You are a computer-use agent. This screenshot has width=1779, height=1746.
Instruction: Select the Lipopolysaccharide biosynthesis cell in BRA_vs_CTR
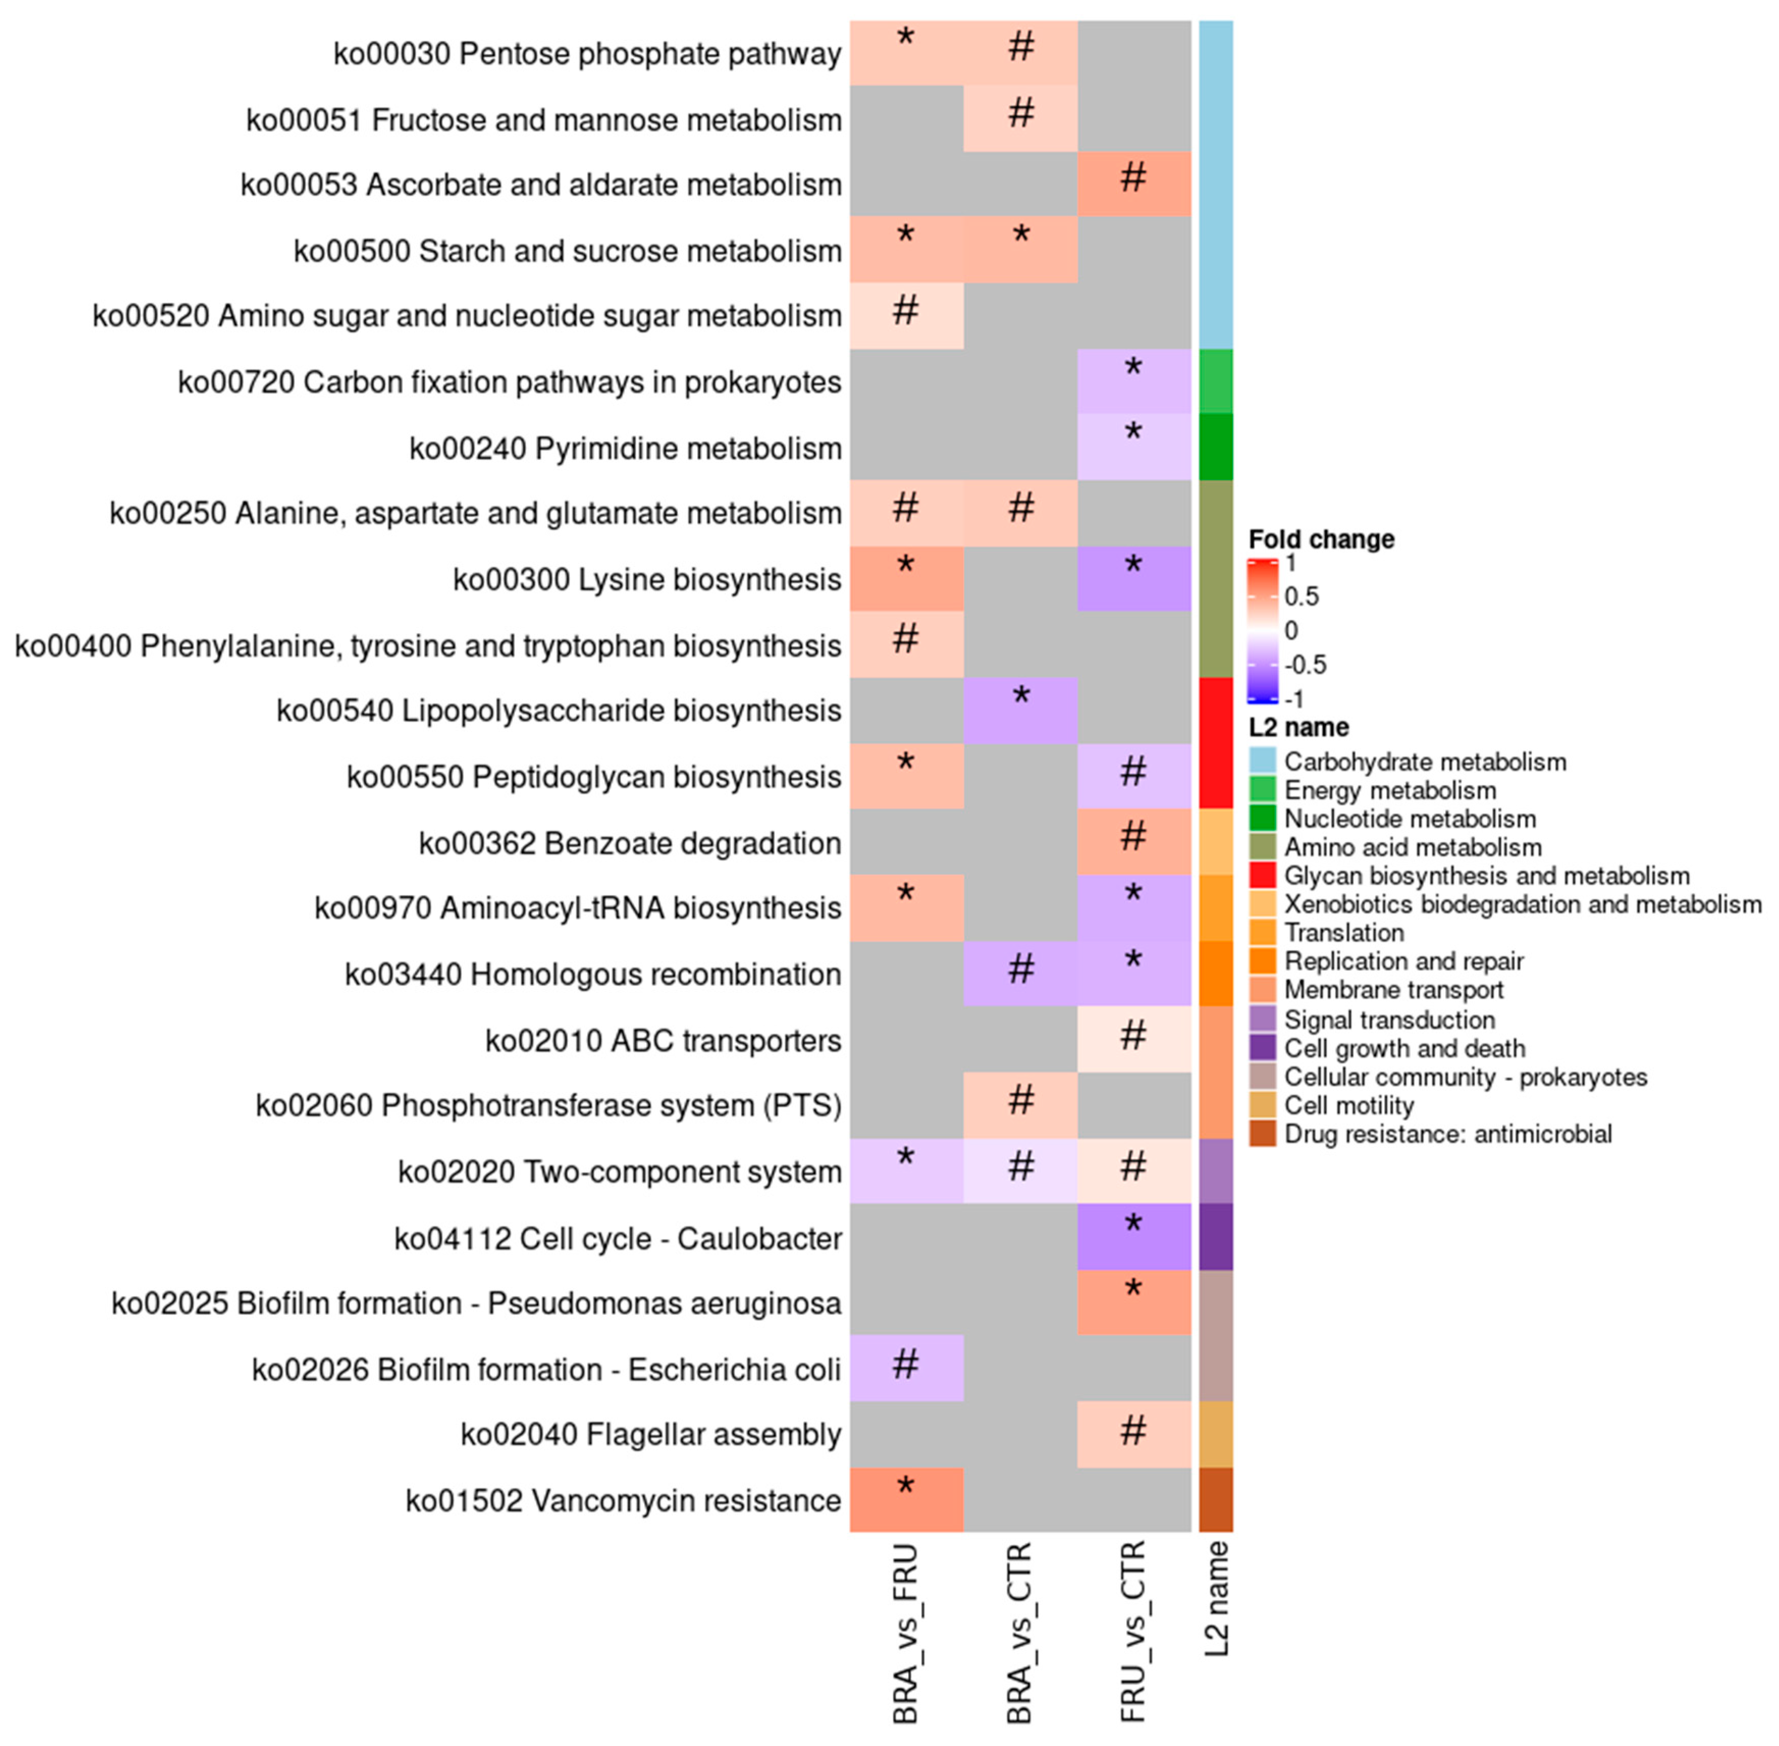pos(1020,711)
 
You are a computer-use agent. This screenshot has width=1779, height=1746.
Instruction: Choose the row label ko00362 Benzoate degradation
pos(629,843)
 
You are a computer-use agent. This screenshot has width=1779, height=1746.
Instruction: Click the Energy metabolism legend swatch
pos(1262,789)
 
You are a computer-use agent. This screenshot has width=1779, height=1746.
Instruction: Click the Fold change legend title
pos(1320,539)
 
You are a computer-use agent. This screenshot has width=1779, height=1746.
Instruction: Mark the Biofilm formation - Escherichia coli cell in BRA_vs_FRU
pos(906,1368)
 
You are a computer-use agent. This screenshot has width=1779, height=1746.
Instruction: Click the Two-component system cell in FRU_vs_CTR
pos(1133,1171)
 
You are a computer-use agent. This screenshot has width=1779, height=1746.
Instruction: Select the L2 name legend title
pos(1298,727)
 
